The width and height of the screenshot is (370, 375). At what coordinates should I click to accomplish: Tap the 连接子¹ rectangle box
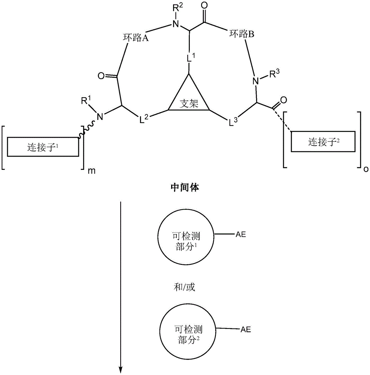[43, 147]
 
